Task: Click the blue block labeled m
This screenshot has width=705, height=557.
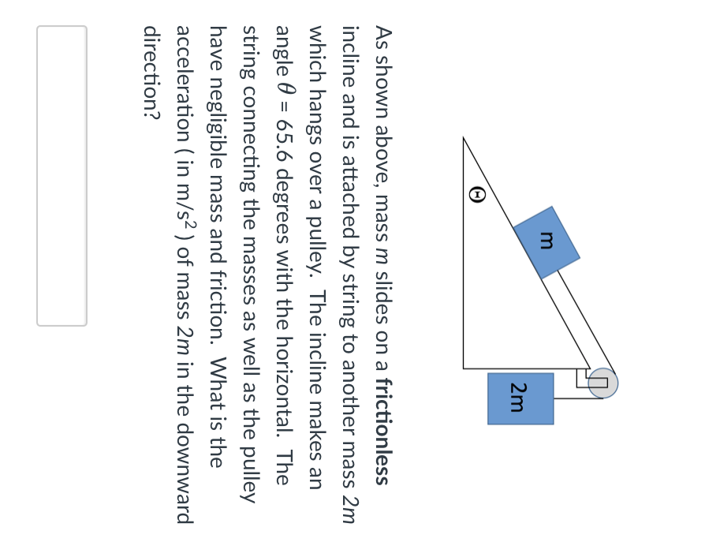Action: (546, 242)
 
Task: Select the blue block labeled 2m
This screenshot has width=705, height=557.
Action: (520, 398)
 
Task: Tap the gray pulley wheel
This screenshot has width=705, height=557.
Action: (603, 383)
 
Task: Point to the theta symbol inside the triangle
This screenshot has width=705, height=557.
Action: (477, 194)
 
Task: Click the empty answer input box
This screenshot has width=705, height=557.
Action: (62, 175)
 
